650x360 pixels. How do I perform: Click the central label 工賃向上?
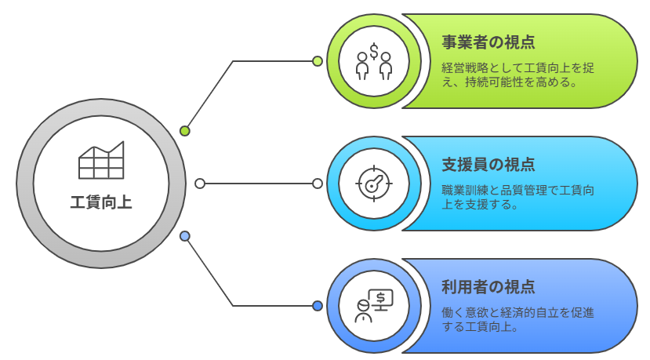tap(101, 202)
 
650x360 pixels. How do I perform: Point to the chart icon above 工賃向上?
tap(101, 162)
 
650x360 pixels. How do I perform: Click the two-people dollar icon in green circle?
tap(374, 61)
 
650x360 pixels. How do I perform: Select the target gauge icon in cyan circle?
tap(374, 184)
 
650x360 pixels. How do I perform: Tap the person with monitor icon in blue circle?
tap(374, 306)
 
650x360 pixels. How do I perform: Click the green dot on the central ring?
tap(185, 131)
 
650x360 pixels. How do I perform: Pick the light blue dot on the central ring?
tap(185, 236)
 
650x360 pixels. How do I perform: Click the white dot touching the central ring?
tap(200, 184)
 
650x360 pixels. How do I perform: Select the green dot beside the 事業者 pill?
tap(318, 61)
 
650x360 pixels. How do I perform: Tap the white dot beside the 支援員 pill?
tap(318, 184)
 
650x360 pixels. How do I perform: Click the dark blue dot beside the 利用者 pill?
tap(318, 306)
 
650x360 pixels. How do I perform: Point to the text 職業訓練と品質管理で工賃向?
tap(518, 191)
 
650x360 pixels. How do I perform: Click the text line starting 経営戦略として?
tap(518, 67)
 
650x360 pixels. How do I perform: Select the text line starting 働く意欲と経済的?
tap(518, 312)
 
